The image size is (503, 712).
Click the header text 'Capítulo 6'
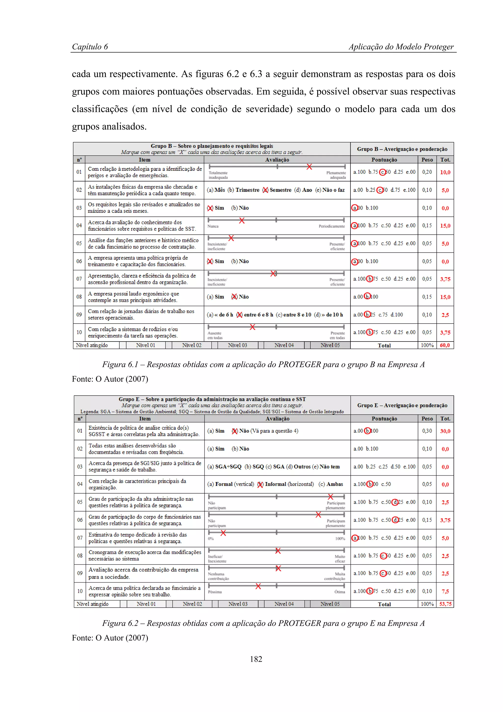90,47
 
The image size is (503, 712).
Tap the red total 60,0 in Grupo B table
445,345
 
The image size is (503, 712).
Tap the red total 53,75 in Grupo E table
445,604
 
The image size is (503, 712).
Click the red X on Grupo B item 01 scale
309,167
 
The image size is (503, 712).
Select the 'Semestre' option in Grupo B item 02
280,190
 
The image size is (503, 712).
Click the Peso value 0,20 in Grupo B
427,172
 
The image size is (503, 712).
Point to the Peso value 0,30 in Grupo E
427,431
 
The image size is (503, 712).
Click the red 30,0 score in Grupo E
445,431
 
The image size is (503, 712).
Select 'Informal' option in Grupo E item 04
275,484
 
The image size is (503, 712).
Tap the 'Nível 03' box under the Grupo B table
238,345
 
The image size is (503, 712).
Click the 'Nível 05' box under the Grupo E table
330,604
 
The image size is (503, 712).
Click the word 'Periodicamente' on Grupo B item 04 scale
332,226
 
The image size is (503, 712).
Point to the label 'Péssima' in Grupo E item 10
215,592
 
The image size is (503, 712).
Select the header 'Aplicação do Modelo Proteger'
401,47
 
